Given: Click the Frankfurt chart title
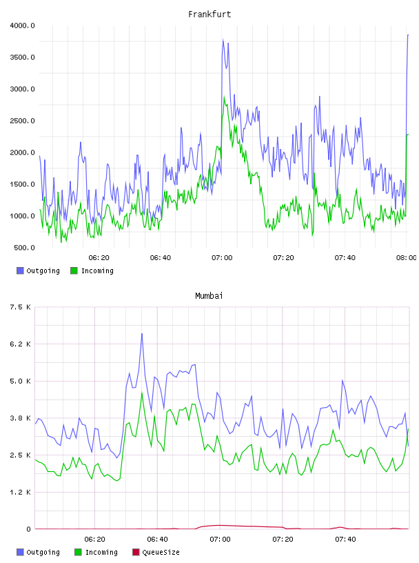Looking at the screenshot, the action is pyautogui.click(x=209, y=14).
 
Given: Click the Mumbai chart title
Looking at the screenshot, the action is pyautogui.click(x=209, y=296).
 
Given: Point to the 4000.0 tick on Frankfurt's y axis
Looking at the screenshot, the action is pyautogui.click(x=22, y=26).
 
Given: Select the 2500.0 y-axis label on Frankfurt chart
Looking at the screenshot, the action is pyautogui.click(x=22, y=121).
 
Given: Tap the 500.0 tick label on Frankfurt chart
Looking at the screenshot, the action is pyautogui.click(x=24, y=248).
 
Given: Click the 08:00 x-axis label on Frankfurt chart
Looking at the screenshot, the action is pyautogui.click(x=407, y=258).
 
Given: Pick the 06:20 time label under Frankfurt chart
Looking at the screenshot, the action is pyautogui.click(x=99, y=258).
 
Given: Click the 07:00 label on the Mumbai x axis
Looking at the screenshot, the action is pyautogui.click(x=221, y=540).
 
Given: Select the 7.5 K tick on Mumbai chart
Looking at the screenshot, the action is pyautogui.click(x=21, y=307).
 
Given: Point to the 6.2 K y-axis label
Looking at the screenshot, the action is pyautogui.click(x=21, y=344).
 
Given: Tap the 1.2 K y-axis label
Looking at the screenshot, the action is pyautogui.click(x=21, y=492).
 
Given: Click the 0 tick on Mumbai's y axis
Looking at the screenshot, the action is pyautogui.click(x=29, y=529).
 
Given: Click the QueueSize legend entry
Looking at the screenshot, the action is pyautogui.click(x=156, y=552).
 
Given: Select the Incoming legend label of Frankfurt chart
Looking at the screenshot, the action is pyautogui.click(x=97, y=270).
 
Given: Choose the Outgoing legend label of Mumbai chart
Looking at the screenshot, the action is pyautogui.click(x=43, y=552).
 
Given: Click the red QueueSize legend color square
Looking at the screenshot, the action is pyautogui.click(x=136, y=552).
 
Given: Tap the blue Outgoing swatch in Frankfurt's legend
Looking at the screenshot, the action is pyautogui.click(x=20, y=270).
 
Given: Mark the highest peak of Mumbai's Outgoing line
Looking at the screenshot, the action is pyautogui.click(x=142, y=333).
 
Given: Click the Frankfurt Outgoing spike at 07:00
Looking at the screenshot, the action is pyautogui.click(x=223, y=39).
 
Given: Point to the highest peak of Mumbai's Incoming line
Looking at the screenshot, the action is pyautogui.click(x=142, y=393).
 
